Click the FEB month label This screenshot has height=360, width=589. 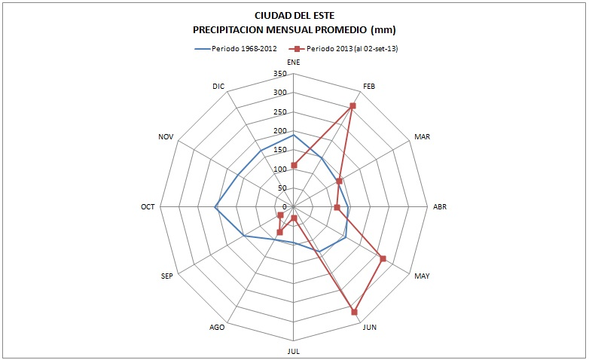click(x=369, y=86)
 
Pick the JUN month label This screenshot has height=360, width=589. click(x=370, y=327)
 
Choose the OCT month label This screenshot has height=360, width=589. click(x=148, y=206)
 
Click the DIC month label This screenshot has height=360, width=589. click(x=218, y=86)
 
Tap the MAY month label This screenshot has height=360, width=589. click(x=422, y=276)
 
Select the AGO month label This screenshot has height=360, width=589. click(x=217, y=327)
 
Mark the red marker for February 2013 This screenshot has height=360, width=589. click(x=352, y=105)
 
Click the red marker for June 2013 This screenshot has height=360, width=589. click(x=354, y=311)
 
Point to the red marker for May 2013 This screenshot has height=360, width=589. click(x=383, y=258)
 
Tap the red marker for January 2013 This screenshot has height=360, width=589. click(x=294, y=165)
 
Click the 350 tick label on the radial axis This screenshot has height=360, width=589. click(x=279, y=74)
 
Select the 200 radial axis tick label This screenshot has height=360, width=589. click(x=279, y=131)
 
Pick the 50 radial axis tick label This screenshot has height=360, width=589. click(x=282, y=188)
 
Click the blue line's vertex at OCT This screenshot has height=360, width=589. click(x=216, y=207)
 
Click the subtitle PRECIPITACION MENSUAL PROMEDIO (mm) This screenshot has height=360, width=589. click(x=294, y=29)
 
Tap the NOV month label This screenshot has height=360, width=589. click(x=166, y=136)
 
